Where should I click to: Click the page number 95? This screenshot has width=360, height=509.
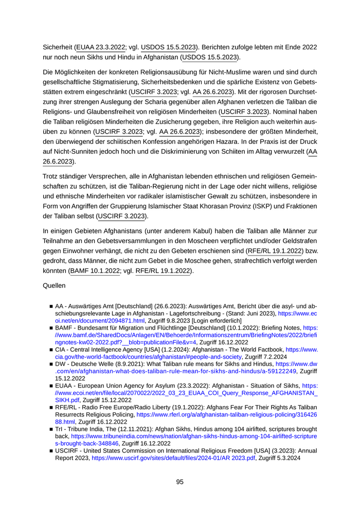[x=179, y=482]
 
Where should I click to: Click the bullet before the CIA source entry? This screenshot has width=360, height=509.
[x=51, y=350]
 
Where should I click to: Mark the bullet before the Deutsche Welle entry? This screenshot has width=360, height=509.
[x=51, y=363]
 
